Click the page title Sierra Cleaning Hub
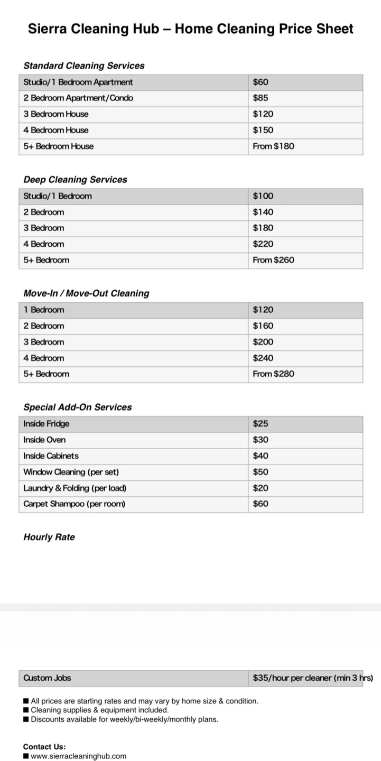pos(190,29)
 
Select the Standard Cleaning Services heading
pos(83,66)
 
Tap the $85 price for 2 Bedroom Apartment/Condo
pos(261,98)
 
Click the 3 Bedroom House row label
pos(56,114)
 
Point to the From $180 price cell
pos(273,146)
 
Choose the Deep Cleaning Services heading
pos(75,180)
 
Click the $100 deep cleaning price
pos(263,196)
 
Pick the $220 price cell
pos(263,244)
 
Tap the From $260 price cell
pos(273,260)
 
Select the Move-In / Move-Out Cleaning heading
pos(86,293)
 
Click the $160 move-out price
pos(263,326)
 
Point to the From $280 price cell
pos(273,374)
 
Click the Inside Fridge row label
pos(47,424)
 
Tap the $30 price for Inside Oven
pos(261,440)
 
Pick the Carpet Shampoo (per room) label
pos(75,504)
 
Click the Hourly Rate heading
pos(49,537)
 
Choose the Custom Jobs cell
pos(47,678)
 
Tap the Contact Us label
pos(44,747)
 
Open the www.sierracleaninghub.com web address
pos(79,756)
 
